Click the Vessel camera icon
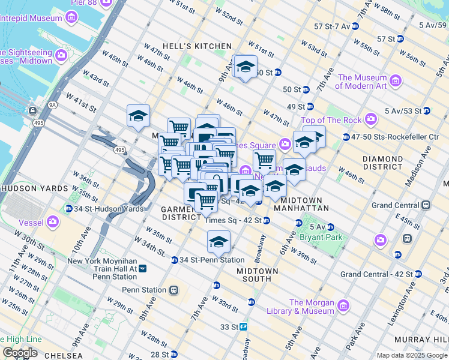pyautogui.click(x=53, y=223)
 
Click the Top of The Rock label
pyautogui.click(x=331, y=120)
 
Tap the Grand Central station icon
pyautogui.click(x=426, y=205)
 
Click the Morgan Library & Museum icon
pyautogui.click(x=343, y=306)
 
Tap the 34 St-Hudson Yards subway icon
pyautogui.click(x=70, y=209)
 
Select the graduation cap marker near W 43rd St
pyautogui.click(x=138, y=116)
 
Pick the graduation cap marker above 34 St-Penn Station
pyautogui.click(x=218, y=242)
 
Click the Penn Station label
pyautogui.click(x=144, y=290)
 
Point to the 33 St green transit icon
pyautogui.click(x=244, y=327)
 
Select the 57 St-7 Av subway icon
pyautogui.click(x=355, y=26)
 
